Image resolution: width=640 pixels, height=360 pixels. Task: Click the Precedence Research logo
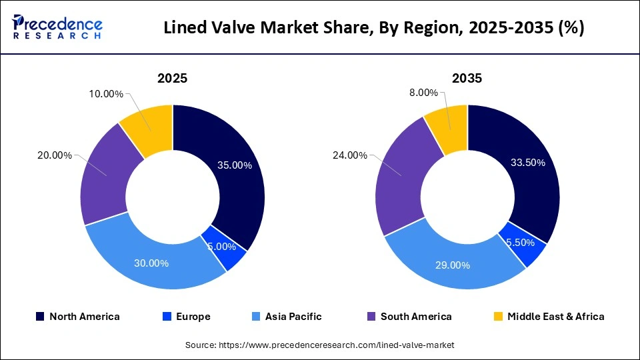click(57, 27)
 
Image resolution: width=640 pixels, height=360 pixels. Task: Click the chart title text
click(373, 29)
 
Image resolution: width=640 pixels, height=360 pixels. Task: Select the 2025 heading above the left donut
click(172, 78)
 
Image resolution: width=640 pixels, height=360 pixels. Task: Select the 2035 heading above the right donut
click(467, 78)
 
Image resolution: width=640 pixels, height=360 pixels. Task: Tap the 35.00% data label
click(234, 165)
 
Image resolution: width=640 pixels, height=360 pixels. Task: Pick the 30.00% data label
click(151, 263)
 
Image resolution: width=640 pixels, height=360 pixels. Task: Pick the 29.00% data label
click(452, 265)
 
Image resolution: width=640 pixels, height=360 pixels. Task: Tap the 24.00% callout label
click(349, 155)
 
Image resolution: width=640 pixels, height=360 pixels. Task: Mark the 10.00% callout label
click(105, 94)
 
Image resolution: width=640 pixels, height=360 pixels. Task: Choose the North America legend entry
click(77, 317)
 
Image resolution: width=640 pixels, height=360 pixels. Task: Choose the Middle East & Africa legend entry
click(548, 317)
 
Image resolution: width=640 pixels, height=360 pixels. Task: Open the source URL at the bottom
click(320, 345)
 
